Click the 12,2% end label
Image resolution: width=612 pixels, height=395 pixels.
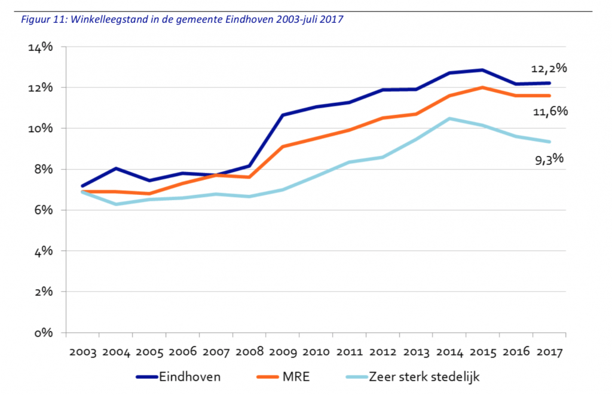549,68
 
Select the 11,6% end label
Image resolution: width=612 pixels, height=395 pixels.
549,111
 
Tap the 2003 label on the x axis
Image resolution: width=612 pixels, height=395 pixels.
82,353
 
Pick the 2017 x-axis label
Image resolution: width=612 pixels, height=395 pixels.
549,353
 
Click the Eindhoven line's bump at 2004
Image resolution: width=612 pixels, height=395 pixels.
115,169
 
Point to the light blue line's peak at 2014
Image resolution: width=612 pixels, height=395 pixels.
449,118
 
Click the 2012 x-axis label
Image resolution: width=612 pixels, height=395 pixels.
382,353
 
